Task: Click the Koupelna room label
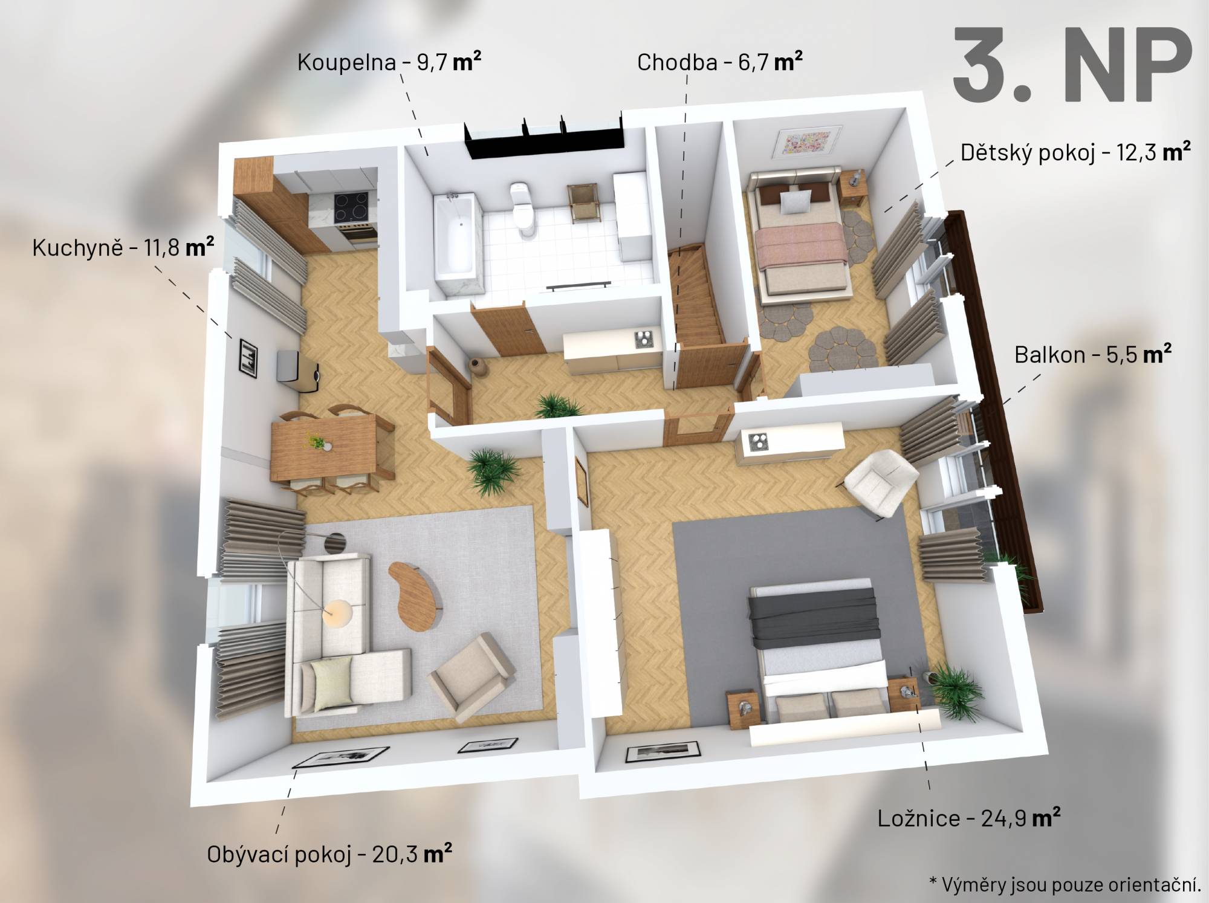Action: tap(389, 62)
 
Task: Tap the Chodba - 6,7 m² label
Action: tap(720, 62)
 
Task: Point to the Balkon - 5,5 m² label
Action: tap(1093, 354)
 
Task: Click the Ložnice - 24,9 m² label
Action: tap(969, 818)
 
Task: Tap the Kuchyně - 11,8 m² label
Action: tap(123, 248)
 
